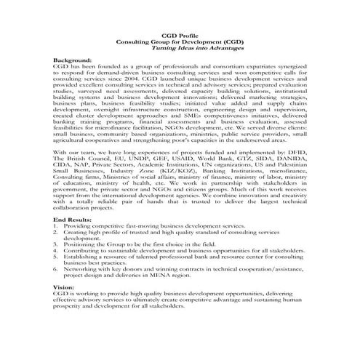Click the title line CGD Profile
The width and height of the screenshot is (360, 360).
click(x=180, y=36)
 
